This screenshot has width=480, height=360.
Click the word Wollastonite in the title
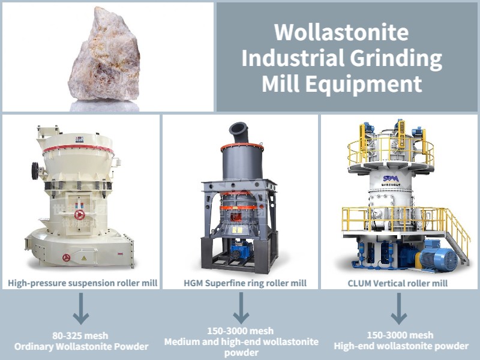[x=341, y=32]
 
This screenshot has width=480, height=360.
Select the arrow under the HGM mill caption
[x=241, y=308]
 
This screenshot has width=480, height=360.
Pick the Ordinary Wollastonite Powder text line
[x=81, y=346]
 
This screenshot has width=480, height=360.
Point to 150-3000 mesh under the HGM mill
[x=241, y=331]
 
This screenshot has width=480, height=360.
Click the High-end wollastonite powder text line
[x=401, y=346]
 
